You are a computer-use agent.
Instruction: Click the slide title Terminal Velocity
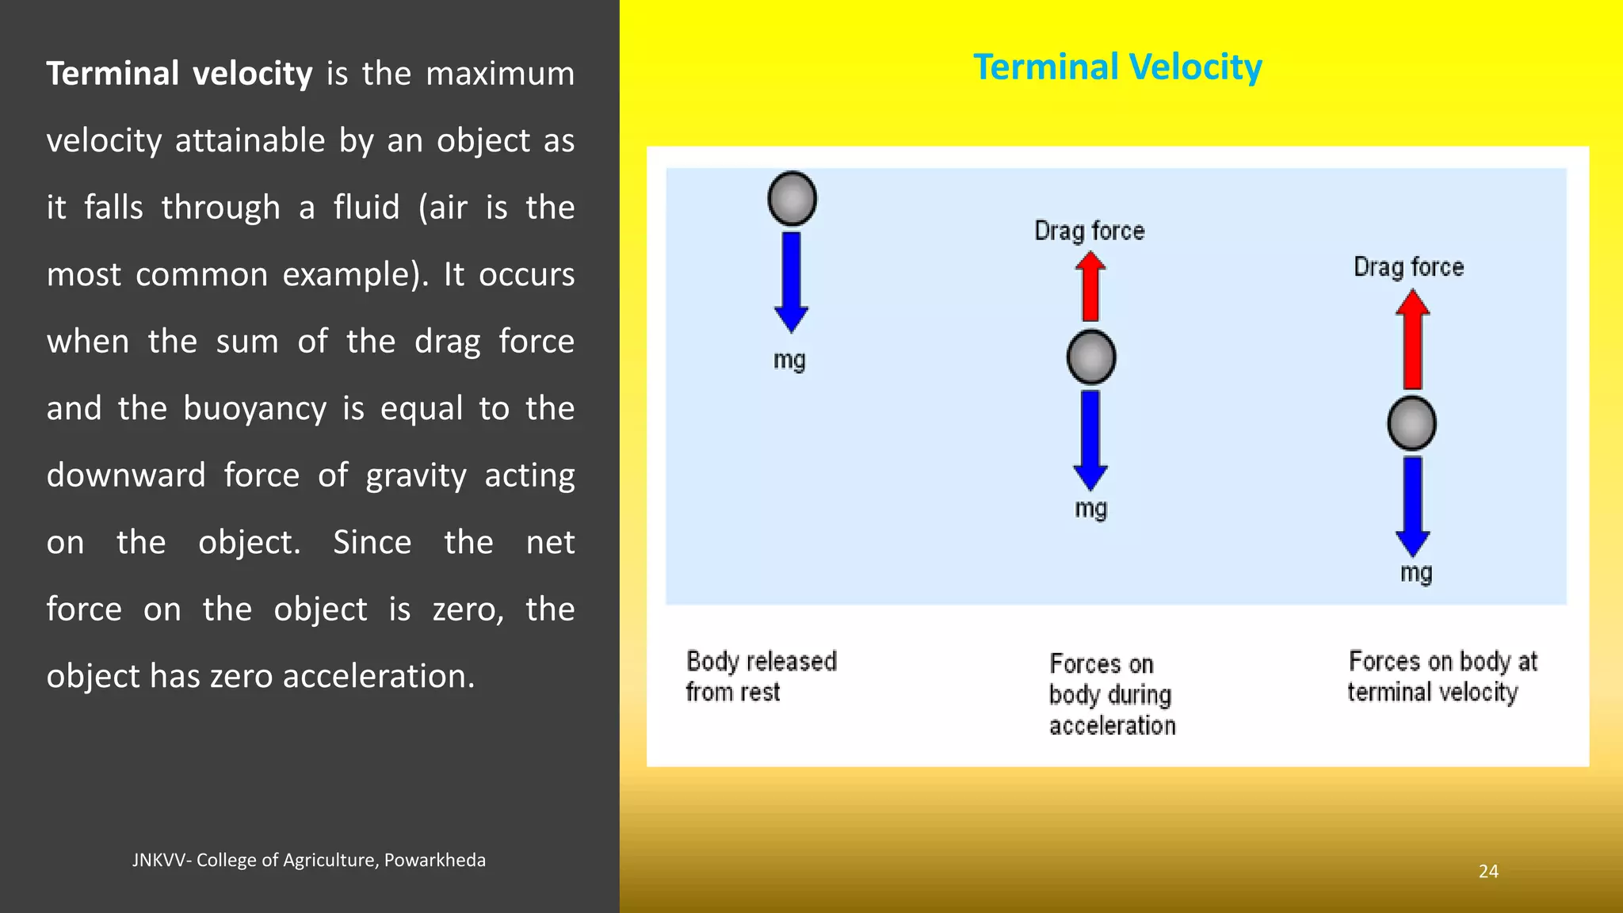pos(1117,67)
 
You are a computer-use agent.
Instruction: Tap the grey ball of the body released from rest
pos(792,198)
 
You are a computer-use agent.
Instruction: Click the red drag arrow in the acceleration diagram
pos(1090,287)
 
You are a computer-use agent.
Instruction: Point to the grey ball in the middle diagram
pos(1091,357)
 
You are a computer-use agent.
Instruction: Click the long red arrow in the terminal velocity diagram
pos(1412,340)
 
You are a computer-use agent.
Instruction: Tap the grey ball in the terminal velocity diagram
pos(1411,424)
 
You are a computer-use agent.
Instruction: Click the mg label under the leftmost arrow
pos(789,361)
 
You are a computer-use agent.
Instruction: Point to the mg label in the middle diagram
pos(1090,509)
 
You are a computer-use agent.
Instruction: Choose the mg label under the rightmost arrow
pos(1416,573)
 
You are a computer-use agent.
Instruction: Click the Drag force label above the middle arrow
pos(1090,231)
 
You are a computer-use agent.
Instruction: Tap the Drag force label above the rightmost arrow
pos(1408,267)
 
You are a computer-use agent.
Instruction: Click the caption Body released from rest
pos(761,676)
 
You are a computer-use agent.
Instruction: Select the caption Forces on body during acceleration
pos(1112,694)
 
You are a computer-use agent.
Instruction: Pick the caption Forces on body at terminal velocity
pos(1442,676)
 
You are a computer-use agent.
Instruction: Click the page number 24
pos(1488,871)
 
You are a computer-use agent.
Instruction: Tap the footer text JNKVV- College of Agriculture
pos(308,860)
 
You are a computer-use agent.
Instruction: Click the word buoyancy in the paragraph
pos(254,409)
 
